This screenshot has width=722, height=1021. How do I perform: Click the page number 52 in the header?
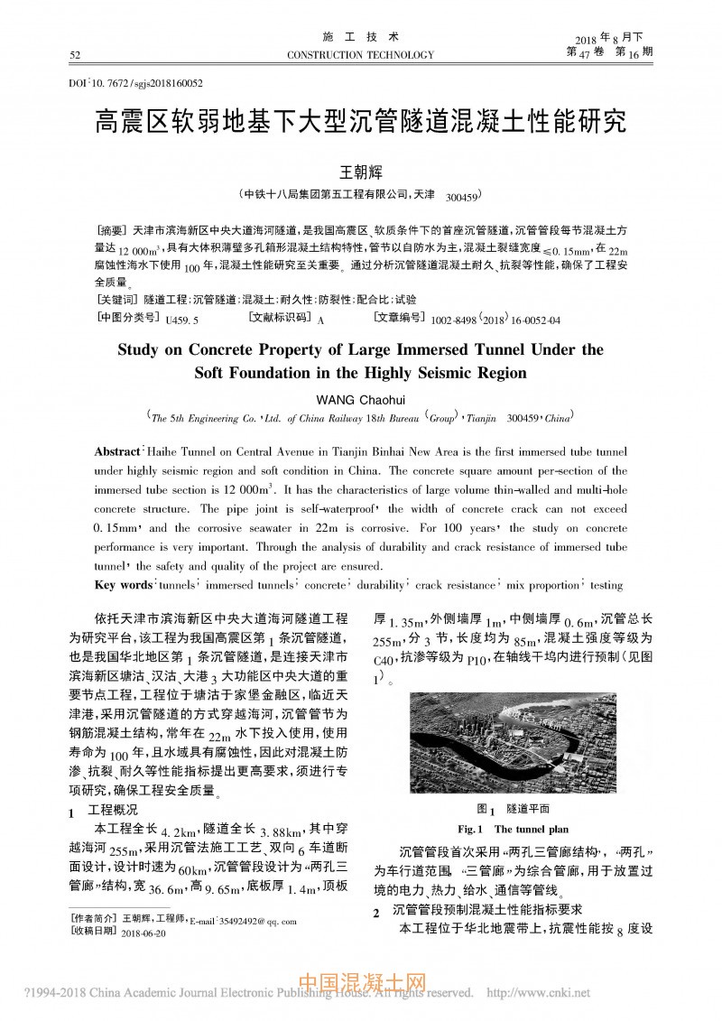(x=74, y=55)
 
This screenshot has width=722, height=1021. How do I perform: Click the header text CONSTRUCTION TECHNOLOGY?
(x=360, y=55)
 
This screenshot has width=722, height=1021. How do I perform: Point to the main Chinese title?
(x=361, y=122)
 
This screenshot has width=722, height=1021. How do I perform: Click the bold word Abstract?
(x=118, y=450)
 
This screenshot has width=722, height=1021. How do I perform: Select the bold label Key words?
(x=124, y=585)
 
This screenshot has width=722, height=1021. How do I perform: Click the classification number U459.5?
(x=182, y=320)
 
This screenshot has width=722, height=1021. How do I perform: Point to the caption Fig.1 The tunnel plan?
(x=513, y=829)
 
